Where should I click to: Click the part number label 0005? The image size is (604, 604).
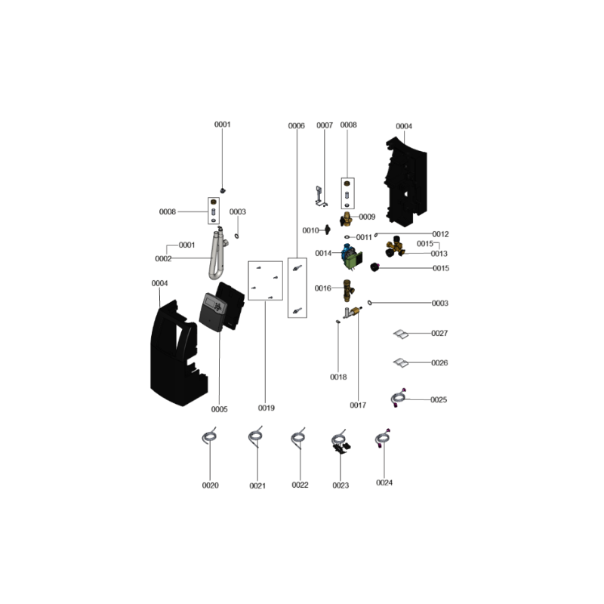coord(219,409)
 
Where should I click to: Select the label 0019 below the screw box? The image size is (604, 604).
coord(267,408)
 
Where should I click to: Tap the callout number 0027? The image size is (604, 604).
coord(439,333)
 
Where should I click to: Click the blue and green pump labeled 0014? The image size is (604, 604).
coord(352,257)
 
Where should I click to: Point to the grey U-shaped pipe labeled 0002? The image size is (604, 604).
coord(216,256)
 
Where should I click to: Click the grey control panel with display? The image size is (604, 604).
coord(213,312)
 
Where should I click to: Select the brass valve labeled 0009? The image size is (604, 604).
coord(347,219)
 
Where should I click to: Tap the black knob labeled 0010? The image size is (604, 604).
coord(328,230)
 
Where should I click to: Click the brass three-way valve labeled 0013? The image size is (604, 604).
coord(395,247)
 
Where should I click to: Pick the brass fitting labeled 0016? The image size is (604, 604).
coord(348,291)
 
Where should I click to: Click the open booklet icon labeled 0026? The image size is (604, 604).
coord(401,362)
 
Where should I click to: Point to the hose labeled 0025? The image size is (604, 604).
coord(398,398)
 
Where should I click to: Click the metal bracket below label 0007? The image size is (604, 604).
coord(320,196)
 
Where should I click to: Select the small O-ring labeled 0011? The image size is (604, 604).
coord(347,237)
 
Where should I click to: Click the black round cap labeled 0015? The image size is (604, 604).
coord(374,267)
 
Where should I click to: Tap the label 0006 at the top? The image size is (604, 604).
coord(296,126)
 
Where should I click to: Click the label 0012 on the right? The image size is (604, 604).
coord(440,234)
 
